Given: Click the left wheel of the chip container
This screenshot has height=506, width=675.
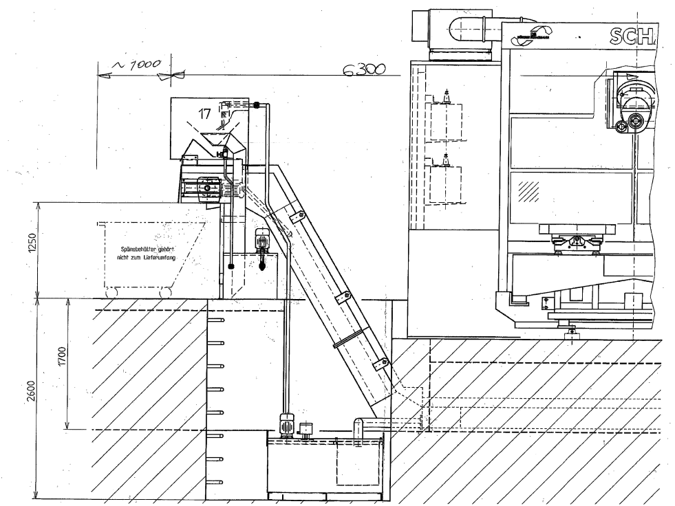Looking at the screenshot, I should pyautogui.click(x=111, y=293).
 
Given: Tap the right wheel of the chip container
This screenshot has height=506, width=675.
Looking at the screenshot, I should pyautogui.click(x=165, y=293).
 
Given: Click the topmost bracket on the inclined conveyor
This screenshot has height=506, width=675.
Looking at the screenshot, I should pyautogui.click(x=299, y=217).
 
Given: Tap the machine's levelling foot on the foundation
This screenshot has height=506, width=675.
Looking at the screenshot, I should pyautogui.click(x=570, y=333).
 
